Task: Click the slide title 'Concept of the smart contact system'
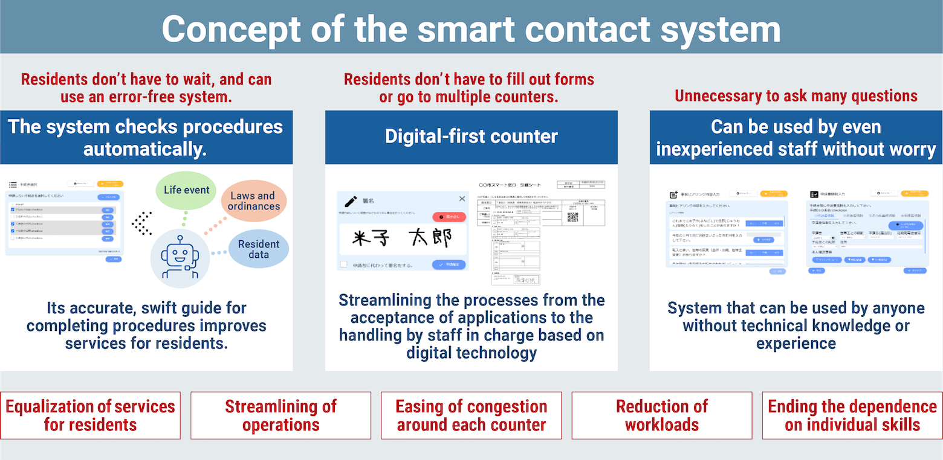point(471,28)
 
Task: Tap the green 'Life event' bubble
point(186,190)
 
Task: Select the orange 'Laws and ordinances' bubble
point(254,201)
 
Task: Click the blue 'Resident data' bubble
point(259,249)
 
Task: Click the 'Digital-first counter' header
point(471,136)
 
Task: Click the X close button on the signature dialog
point(462,199)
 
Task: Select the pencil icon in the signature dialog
point(351,201)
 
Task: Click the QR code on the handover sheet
point(574,217)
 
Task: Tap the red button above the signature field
point(449,217)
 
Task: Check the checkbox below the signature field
point(343,264)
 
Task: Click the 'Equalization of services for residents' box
point(90,415)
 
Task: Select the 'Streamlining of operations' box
point(280,415)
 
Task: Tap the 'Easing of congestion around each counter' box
point(471,415)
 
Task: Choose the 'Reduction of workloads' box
point(661,415)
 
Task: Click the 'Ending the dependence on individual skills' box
point(852,415)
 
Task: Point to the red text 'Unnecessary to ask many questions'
point(796,96)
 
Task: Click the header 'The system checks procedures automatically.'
point(146,137)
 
